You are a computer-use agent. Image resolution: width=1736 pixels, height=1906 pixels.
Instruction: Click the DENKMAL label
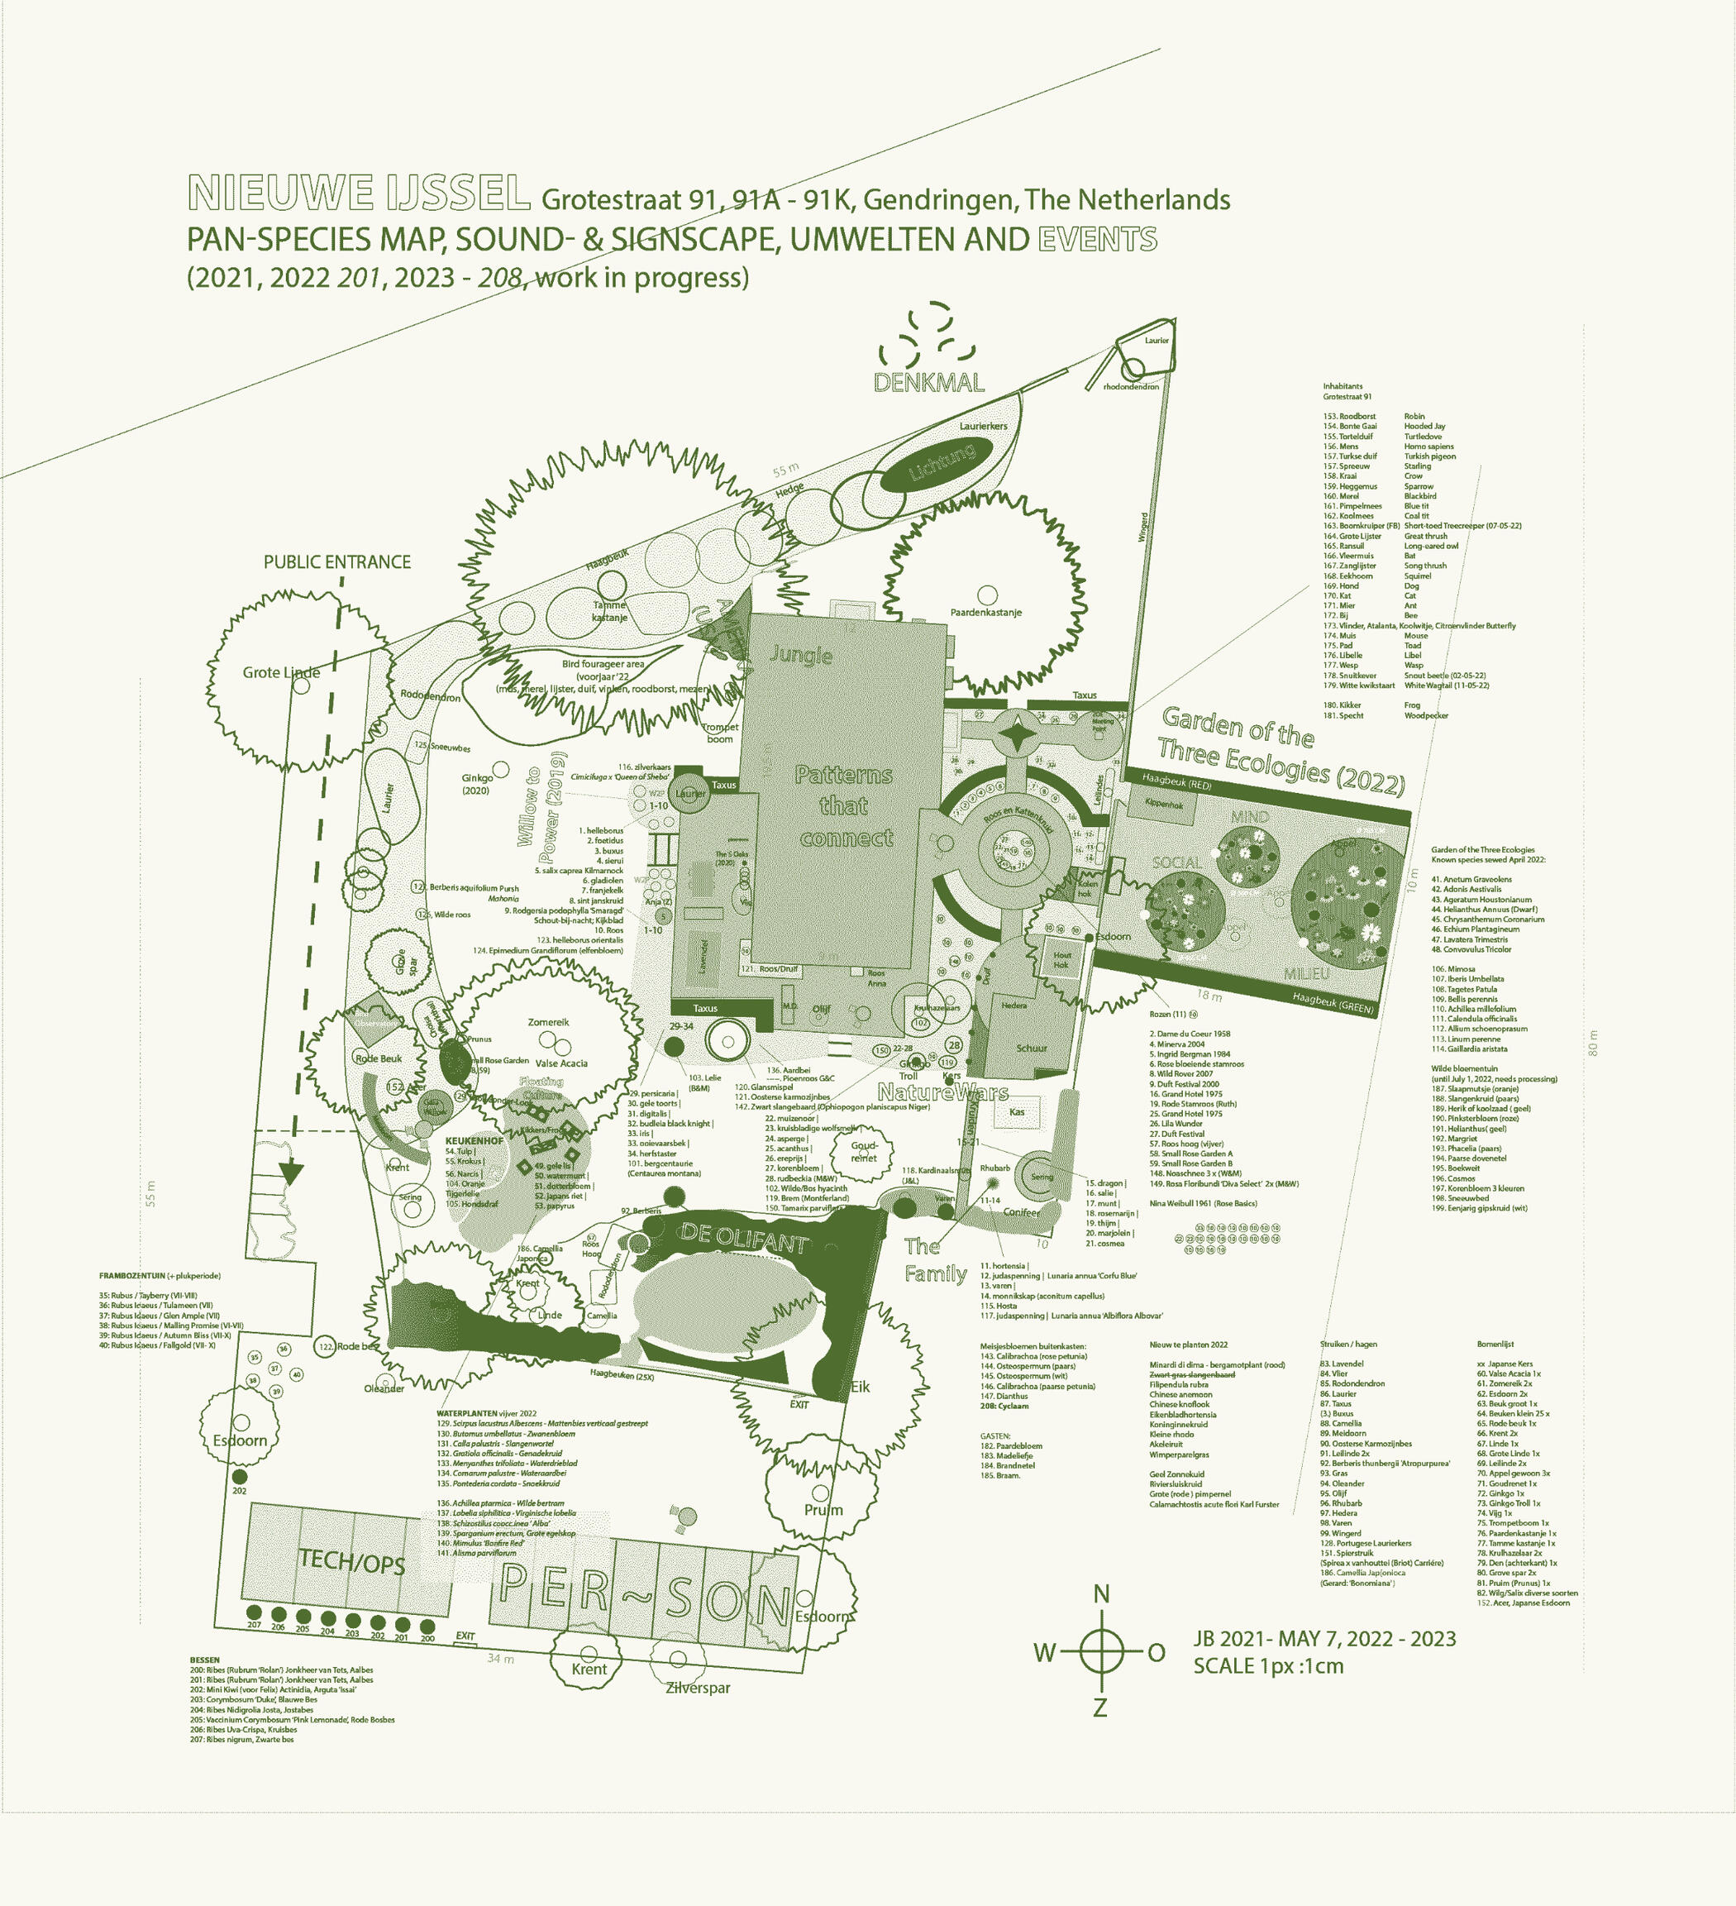tap(928, 382)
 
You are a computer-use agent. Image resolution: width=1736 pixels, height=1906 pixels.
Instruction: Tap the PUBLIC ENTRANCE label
tap(336, 561)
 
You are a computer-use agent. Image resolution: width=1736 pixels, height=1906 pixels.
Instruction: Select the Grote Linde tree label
tap(281, 672)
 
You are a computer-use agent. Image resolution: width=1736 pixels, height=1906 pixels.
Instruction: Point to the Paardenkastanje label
tap(985, 612)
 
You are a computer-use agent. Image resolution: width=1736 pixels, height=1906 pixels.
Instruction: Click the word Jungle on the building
tap(800, 654)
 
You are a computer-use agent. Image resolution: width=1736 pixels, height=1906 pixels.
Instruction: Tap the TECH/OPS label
tap(351, 1561)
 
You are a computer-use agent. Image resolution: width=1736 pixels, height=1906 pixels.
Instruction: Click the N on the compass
tap(1101, 1594)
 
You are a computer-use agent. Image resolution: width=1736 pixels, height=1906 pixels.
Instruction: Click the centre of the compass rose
tap(1101, 1650)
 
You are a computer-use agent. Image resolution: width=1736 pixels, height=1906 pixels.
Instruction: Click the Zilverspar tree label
tap(698, 1687)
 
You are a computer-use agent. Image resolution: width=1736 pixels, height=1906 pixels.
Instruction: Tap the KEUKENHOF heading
tap(474, 1140)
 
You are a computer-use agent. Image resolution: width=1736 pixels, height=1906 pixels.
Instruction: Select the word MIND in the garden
tap(1249, 816)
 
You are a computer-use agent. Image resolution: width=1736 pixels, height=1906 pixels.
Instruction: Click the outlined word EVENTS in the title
tap(1097, 239)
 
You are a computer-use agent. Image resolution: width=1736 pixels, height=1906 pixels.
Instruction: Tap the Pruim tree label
tap(823, 1509)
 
